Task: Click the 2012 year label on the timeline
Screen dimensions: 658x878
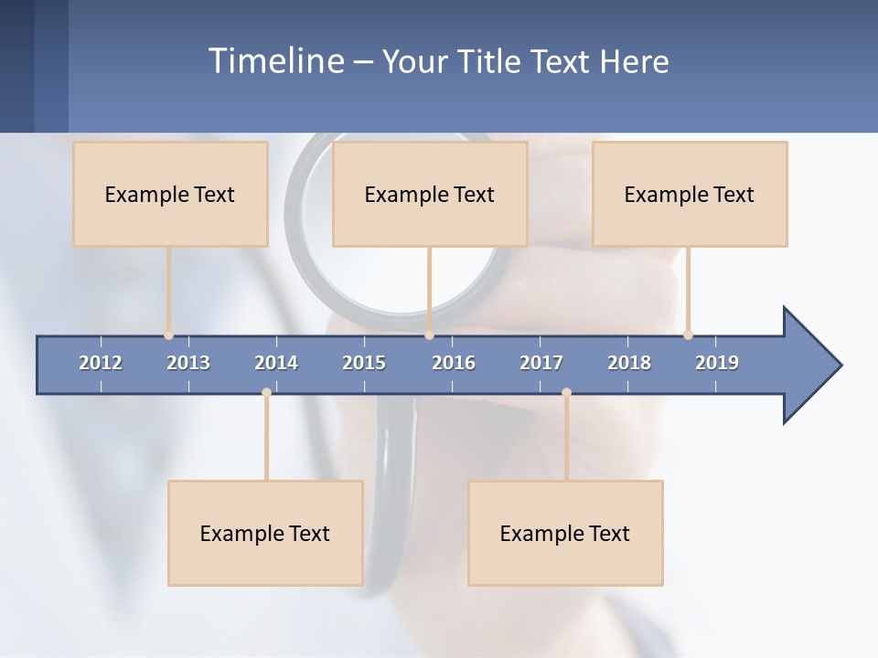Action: (x=101, y=363)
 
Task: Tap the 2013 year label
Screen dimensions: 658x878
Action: (x=188, y=363)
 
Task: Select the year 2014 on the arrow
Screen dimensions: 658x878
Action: (x=276, y=363)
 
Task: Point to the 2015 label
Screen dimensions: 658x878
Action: (x=364, y=363)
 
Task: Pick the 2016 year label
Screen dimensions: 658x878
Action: (x=454, y=363)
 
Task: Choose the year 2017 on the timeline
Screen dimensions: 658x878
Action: (x=541, y=363)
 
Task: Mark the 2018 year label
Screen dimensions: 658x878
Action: (x=629, y=363)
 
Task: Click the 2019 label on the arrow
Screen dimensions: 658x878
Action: (x=717, y=363)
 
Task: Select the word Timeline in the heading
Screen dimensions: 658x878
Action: (x=275, y=61)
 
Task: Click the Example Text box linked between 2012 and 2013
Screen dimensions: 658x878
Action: (x=170, y=194)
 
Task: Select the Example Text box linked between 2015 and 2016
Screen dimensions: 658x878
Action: (x=430, y=194)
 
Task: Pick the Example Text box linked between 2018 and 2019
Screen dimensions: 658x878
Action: (x=690, y=194)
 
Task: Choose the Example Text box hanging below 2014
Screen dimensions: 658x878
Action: (x=265, y=533)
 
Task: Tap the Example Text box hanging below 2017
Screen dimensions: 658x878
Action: (x=565, y=533)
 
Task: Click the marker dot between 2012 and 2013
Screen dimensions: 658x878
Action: (x=168, y=334)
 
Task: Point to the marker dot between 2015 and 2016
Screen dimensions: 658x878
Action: (x=429, y=334)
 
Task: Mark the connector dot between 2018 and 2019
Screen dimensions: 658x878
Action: (x=688, y=334)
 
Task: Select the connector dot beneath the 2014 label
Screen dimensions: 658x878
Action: (x=266, y=393)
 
